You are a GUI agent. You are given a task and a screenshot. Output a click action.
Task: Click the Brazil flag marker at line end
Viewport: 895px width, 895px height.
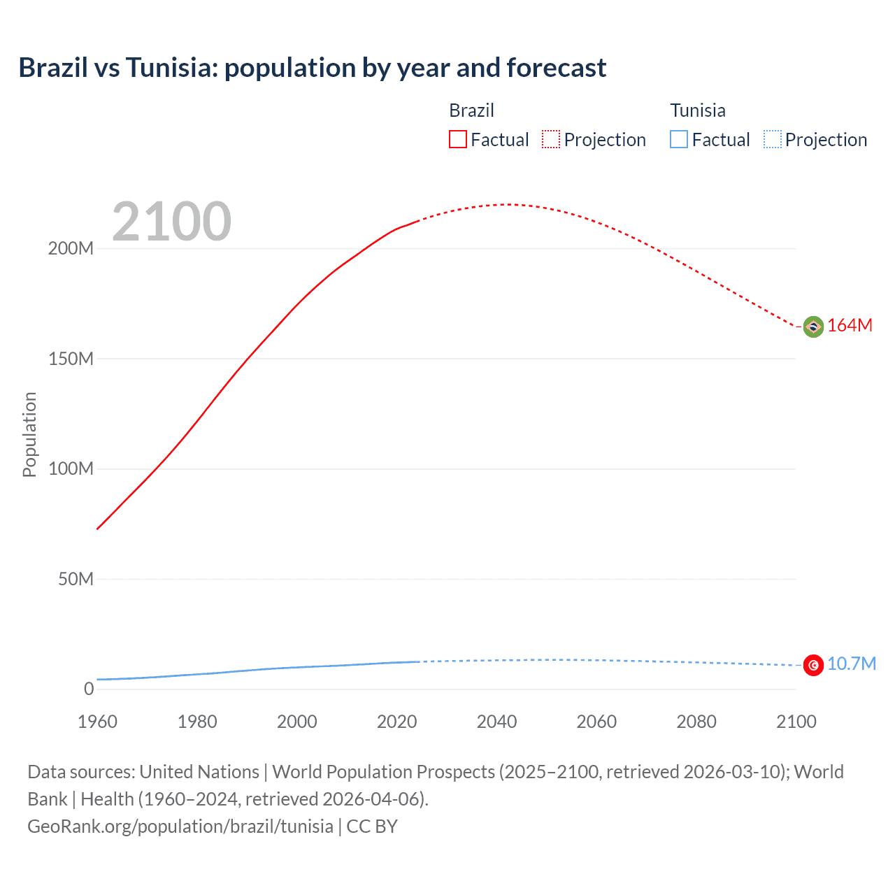(x=813, y=327)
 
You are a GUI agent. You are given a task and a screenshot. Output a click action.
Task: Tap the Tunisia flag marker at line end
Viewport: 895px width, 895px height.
(x=813, y=665)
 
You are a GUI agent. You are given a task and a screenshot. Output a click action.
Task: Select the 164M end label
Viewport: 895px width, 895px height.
(x=850, y=326)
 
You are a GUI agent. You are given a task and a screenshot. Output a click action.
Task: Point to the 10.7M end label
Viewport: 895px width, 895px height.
(x=851, y=664)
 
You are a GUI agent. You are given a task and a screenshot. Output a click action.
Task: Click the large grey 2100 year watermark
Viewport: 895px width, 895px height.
(x=171, y=222)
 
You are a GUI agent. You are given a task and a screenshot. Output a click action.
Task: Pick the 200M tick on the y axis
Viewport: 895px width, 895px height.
(x=71, y=249)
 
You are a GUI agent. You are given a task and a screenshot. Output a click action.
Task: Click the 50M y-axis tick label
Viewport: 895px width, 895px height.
(x=76, y=579)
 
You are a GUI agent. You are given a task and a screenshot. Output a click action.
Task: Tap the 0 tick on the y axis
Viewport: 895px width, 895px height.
(x=88, y=689)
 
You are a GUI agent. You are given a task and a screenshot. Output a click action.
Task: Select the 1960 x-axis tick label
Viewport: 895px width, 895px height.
(x=97, y=722)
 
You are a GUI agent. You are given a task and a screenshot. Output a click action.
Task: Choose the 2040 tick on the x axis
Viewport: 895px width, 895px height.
(x=496, y=722)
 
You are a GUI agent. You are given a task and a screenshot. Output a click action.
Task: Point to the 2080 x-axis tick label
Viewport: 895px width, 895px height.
(x=696, y=722)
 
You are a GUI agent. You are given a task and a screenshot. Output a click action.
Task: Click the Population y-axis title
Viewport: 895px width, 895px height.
(x=29, y=434)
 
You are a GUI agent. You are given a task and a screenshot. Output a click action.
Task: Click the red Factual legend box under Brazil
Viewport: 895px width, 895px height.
(x=458, y=139)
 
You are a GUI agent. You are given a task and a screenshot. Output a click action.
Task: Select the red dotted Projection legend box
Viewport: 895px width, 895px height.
(x=551, y=139)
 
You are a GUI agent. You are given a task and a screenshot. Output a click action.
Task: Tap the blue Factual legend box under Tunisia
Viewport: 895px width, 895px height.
(x=679, y=139)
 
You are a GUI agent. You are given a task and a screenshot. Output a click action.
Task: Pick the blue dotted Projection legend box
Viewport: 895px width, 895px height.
(x=772, y=139)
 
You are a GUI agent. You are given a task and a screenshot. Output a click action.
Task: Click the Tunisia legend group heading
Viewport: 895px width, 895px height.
(x=697, y=110)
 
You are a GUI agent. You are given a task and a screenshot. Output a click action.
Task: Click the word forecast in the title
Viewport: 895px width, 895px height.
(x=556, y=68)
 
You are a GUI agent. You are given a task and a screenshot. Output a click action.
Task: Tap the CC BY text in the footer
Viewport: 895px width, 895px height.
(x=372, y=826)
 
